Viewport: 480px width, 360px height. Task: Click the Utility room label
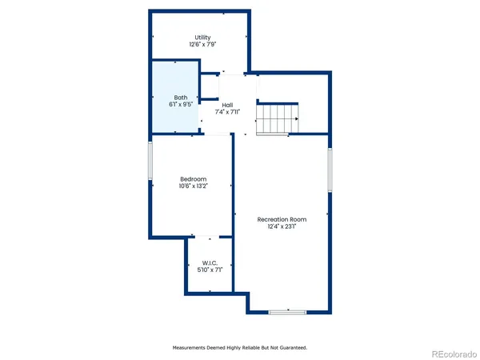click(202, 38)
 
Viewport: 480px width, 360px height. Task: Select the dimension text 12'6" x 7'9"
click(202, 45)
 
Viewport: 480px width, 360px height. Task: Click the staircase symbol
click(278, 120)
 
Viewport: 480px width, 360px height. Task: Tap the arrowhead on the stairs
click(296, 119)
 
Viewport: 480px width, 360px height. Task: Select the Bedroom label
click(193, 178)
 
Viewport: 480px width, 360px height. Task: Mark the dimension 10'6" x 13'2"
click(193, 186)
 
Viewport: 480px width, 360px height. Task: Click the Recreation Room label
click(282, 219)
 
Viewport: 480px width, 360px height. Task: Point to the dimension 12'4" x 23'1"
click(282, 226)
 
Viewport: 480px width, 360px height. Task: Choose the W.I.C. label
click(210, 263)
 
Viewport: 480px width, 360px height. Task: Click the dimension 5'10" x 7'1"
click(210, 270)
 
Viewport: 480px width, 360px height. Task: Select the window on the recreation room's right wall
click(329, 170)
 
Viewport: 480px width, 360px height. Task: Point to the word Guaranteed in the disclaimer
click(289, 348)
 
